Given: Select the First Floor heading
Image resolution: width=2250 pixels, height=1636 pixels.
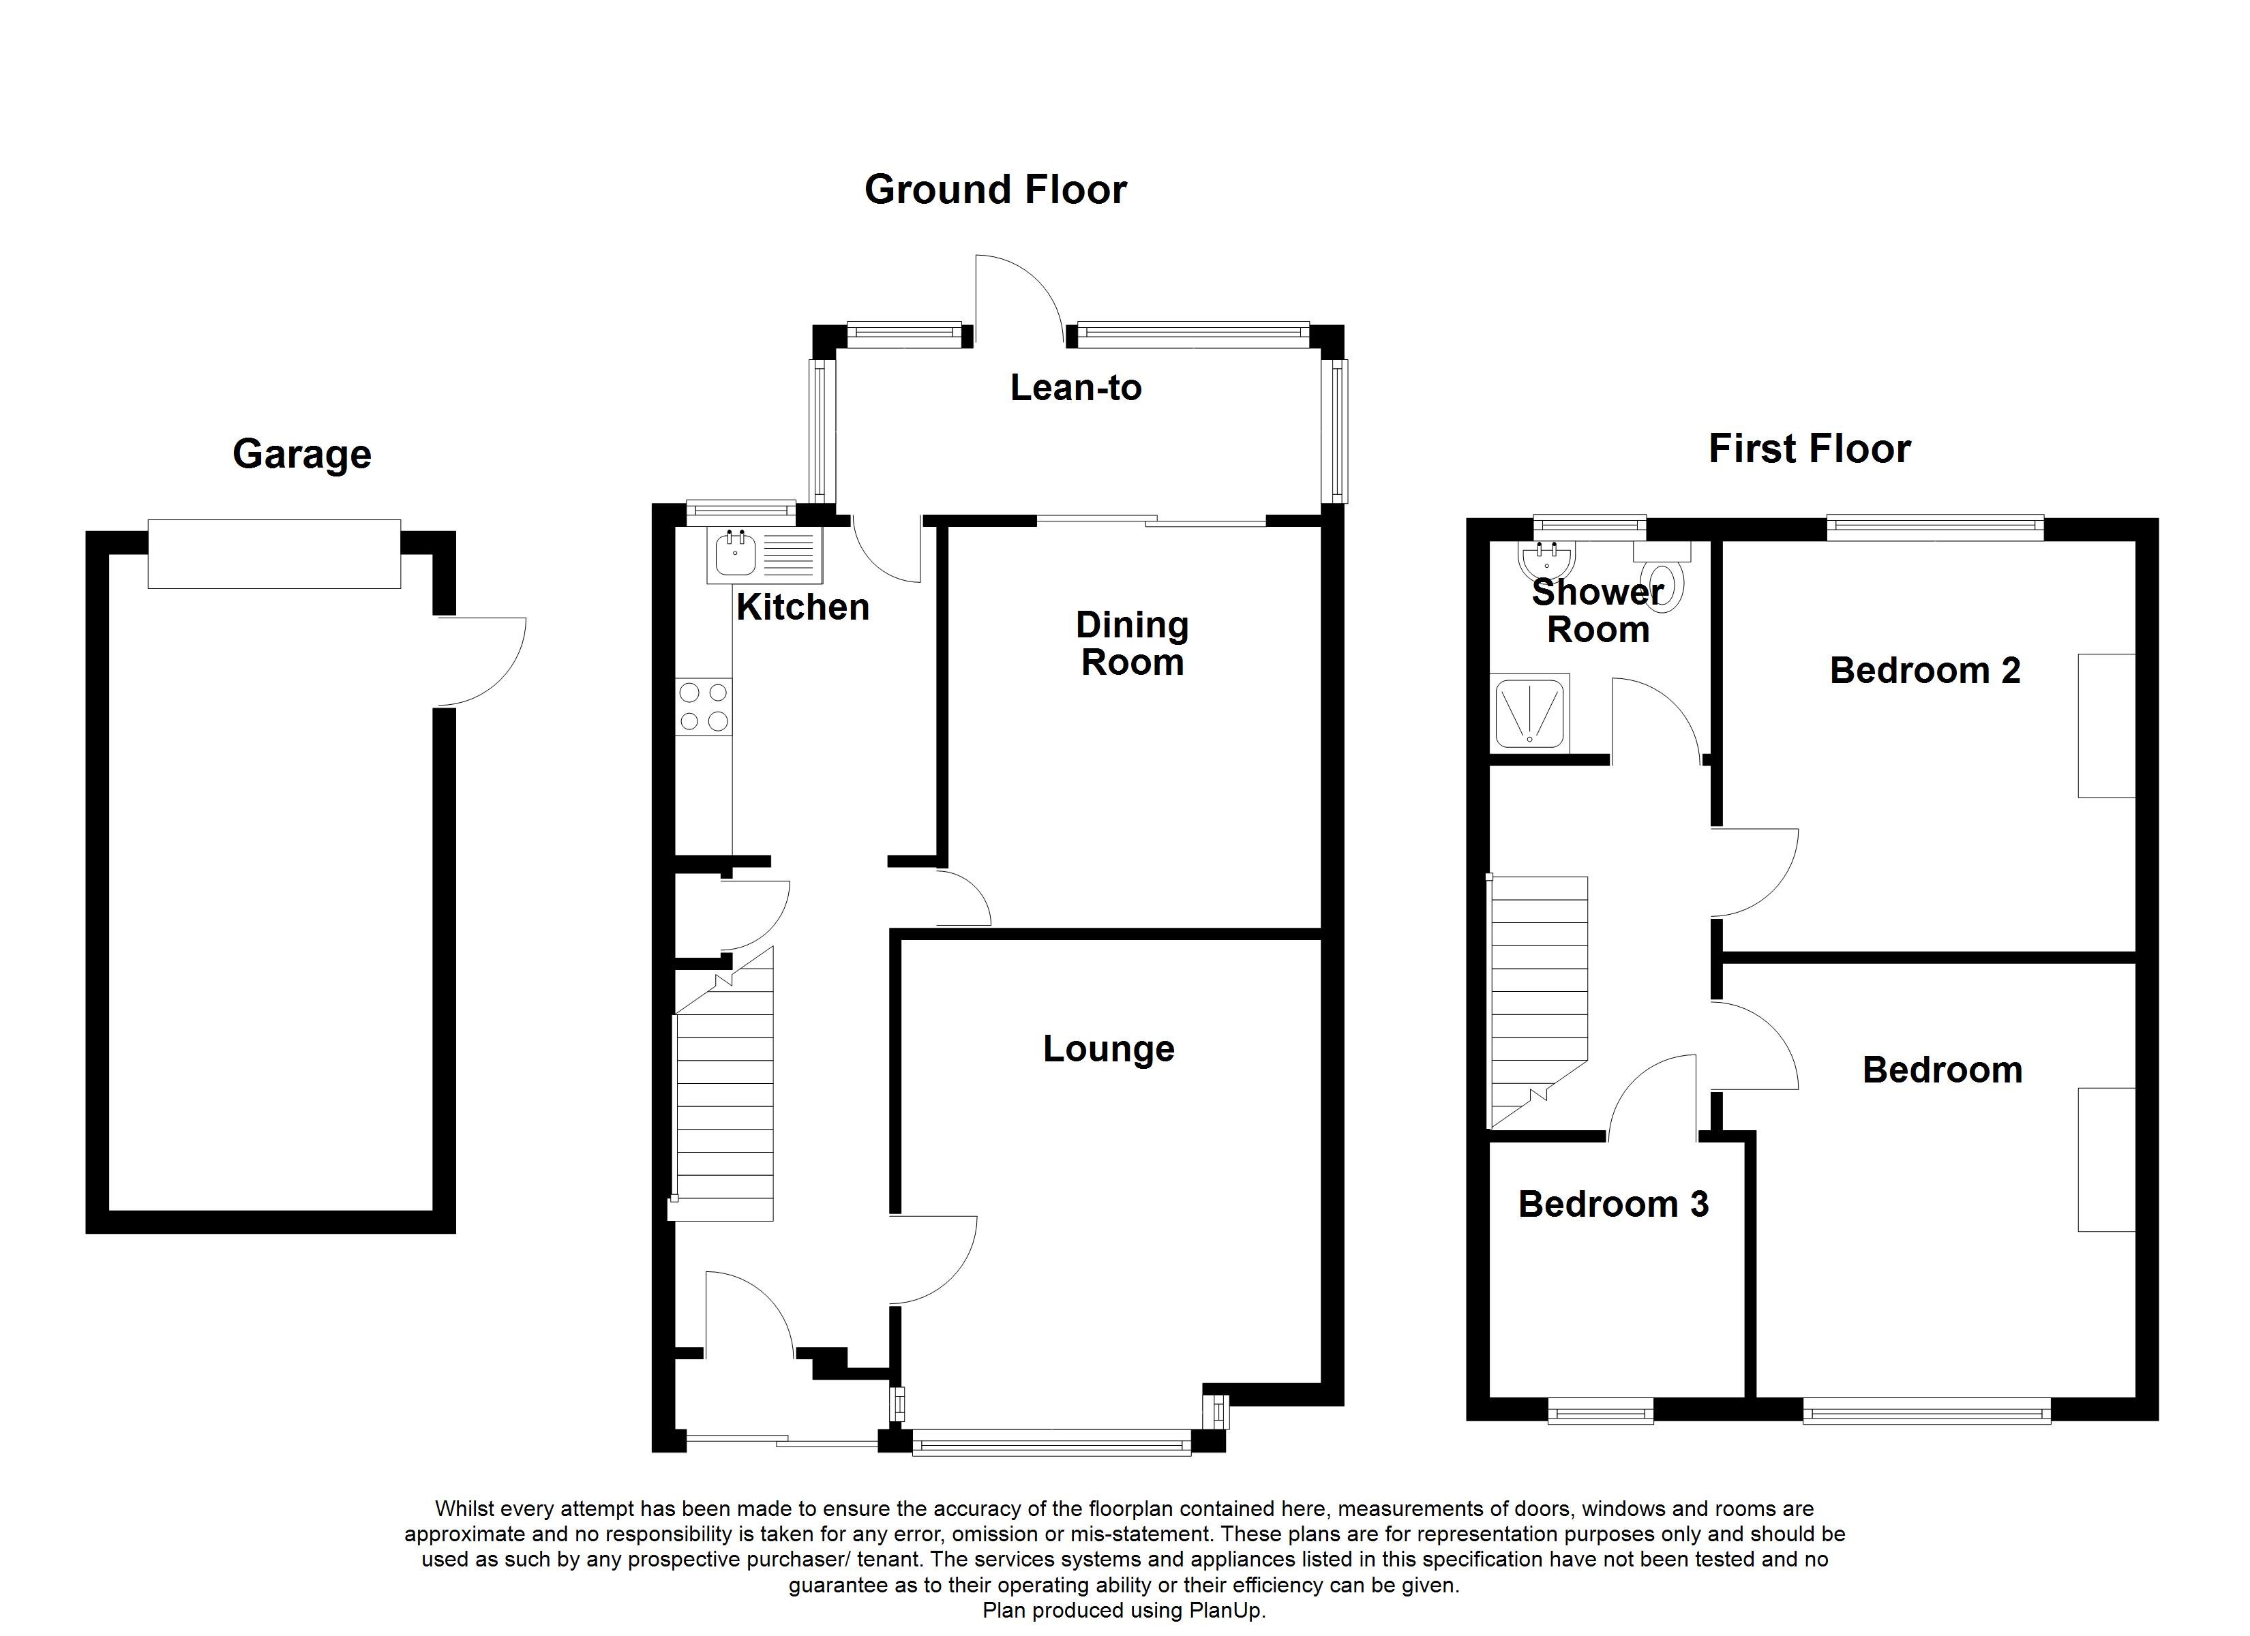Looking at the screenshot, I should (1809, 449).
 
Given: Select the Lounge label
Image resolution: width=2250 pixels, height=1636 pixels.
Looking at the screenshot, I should (1108, 1048).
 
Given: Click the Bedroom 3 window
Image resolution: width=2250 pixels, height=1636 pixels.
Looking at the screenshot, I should (1600, 1411).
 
